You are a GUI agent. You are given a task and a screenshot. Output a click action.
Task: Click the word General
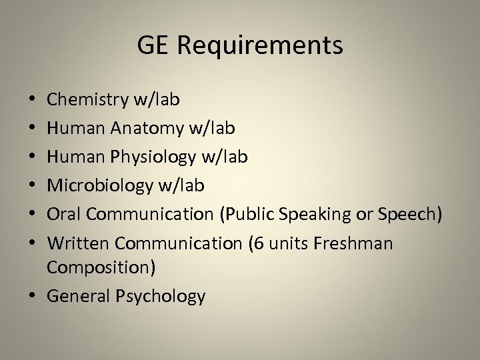click(81, 296)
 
